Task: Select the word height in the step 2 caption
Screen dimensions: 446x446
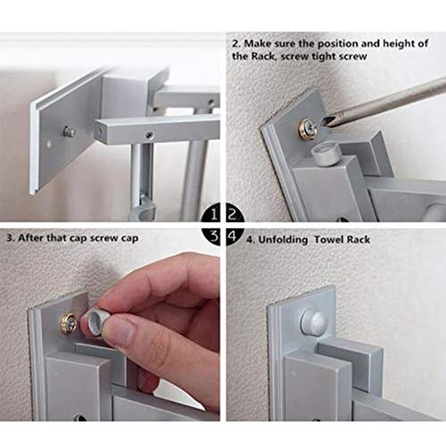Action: [x=402, y=42]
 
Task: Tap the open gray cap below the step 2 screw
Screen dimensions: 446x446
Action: [x=326, y=154]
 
